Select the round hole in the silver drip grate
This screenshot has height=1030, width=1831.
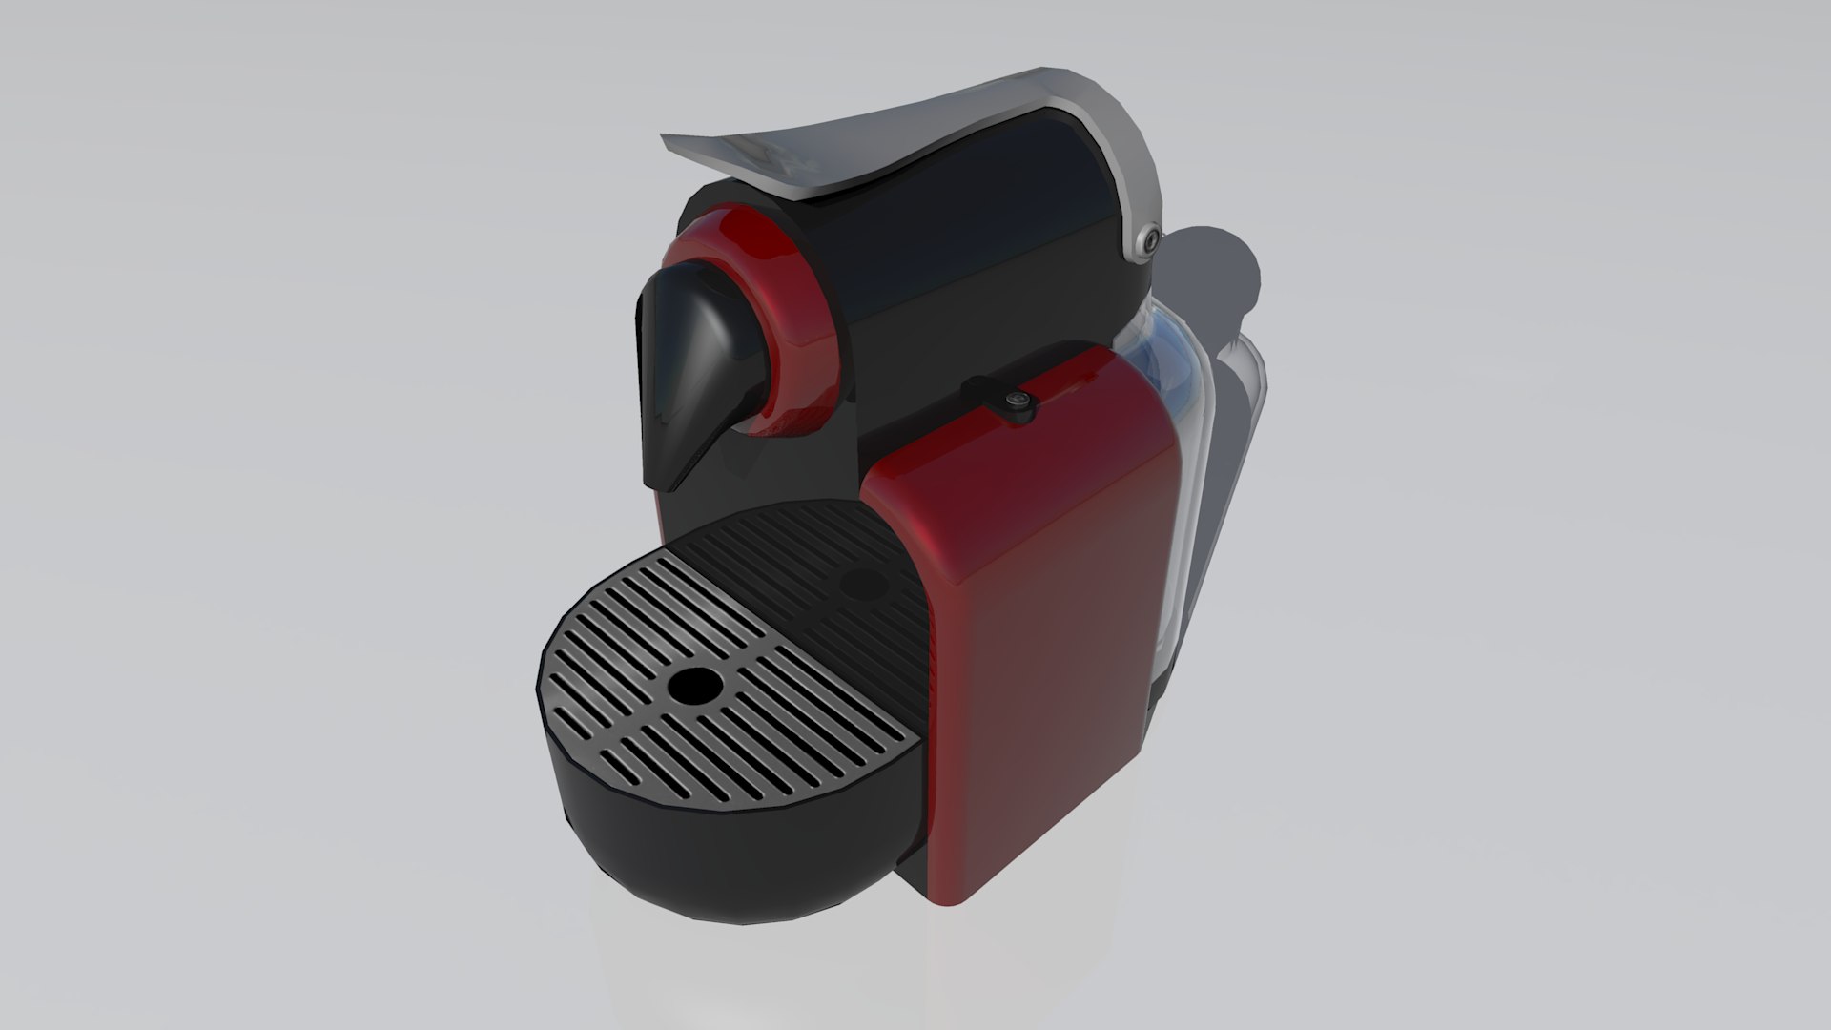pos(693,685)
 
